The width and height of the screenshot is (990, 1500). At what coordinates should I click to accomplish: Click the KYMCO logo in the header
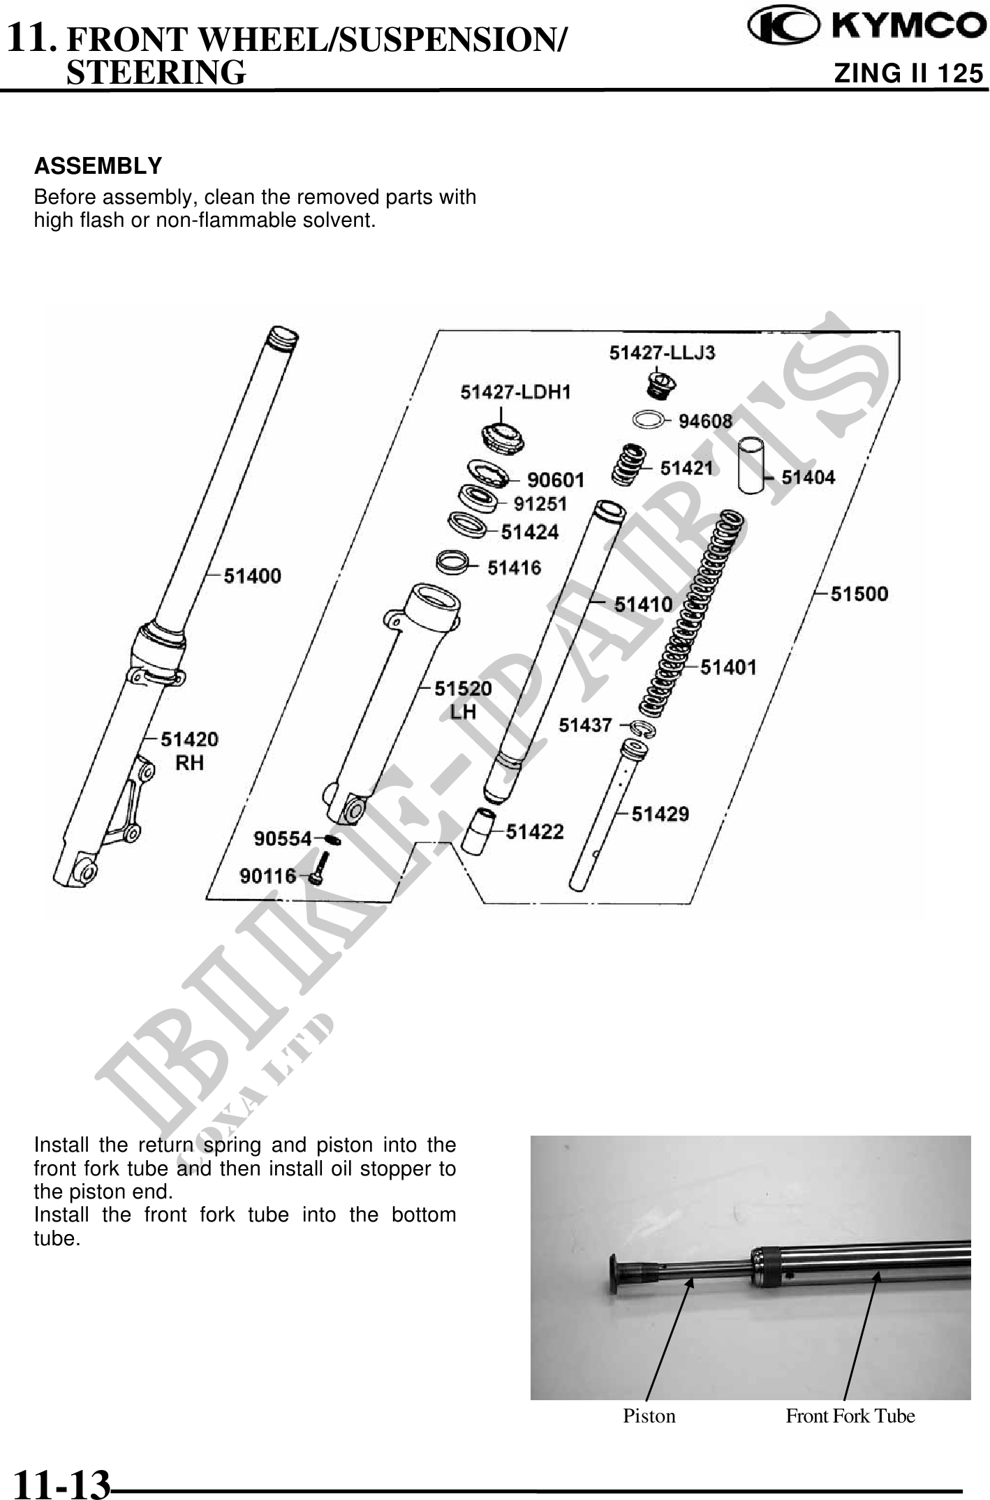[866, 26]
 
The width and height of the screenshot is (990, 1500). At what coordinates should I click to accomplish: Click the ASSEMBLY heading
[98, 166]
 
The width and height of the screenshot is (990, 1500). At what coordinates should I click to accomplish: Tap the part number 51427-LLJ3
[662, 352]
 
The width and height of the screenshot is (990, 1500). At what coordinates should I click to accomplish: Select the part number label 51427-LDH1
[515, 392]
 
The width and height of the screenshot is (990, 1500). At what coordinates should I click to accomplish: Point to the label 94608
[705, 421]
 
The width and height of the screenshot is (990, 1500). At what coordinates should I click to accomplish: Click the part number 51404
[808, 477]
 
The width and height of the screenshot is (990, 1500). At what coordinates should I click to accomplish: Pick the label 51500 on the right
[859, 594]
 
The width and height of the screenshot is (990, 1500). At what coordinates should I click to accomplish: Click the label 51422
[534, 831]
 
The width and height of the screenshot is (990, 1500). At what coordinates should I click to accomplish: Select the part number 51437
[585, 725]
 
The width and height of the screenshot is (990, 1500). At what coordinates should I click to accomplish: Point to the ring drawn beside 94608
[649, 420]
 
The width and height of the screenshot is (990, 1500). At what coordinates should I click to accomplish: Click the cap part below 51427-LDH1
[503, 438]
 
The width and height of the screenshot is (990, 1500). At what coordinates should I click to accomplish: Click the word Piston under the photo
[649, 1416]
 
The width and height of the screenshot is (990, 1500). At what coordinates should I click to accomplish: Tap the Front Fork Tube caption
[850, 1416]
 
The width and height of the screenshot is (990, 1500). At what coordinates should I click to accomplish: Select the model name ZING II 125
[908, 73]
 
